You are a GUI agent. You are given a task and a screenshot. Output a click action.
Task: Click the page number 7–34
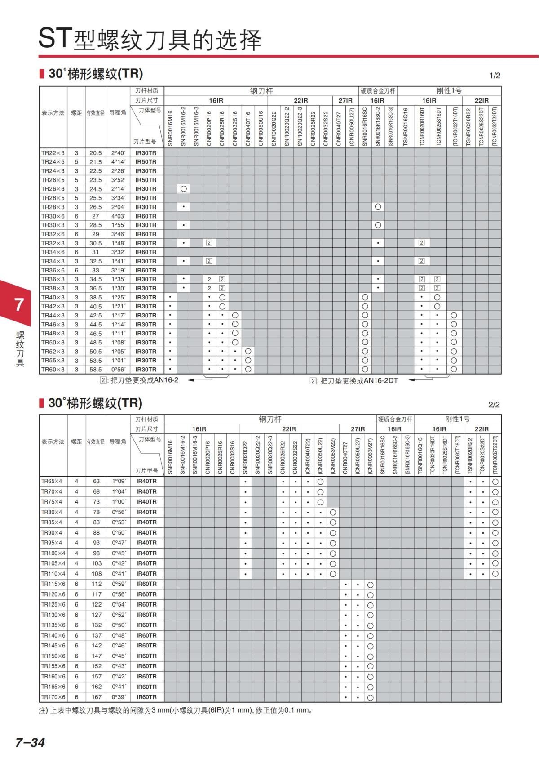coord(30,742)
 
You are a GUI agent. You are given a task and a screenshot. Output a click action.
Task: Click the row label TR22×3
coord(53,153)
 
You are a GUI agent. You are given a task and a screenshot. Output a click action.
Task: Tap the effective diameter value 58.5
coord(95,370)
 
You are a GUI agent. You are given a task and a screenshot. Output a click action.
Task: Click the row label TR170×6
coord(53,697)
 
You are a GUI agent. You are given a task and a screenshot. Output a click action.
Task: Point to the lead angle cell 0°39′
coord(119,697)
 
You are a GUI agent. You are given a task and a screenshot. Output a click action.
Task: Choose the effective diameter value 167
coord(97,697)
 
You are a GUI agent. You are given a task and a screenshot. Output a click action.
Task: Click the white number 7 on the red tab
coord(19,305)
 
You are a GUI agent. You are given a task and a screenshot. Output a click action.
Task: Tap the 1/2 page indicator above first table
coord(495,76)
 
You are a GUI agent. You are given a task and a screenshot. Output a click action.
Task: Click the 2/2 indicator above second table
coord(494,405)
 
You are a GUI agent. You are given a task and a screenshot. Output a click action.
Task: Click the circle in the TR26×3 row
coord(183,189)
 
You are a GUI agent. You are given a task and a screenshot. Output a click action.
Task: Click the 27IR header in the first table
coord(345,101)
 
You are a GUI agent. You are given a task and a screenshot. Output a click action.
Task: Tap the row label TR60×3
coord(53,370)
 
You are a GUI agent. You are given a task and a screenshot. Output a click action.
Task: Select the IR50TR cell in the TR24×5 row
coord(146,162)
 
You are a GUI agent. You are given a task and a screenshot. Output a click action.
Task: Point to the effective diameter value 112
coord(97,584)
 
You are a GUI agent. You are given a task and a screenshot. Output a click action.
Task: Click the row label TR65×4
coord(52,481)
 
